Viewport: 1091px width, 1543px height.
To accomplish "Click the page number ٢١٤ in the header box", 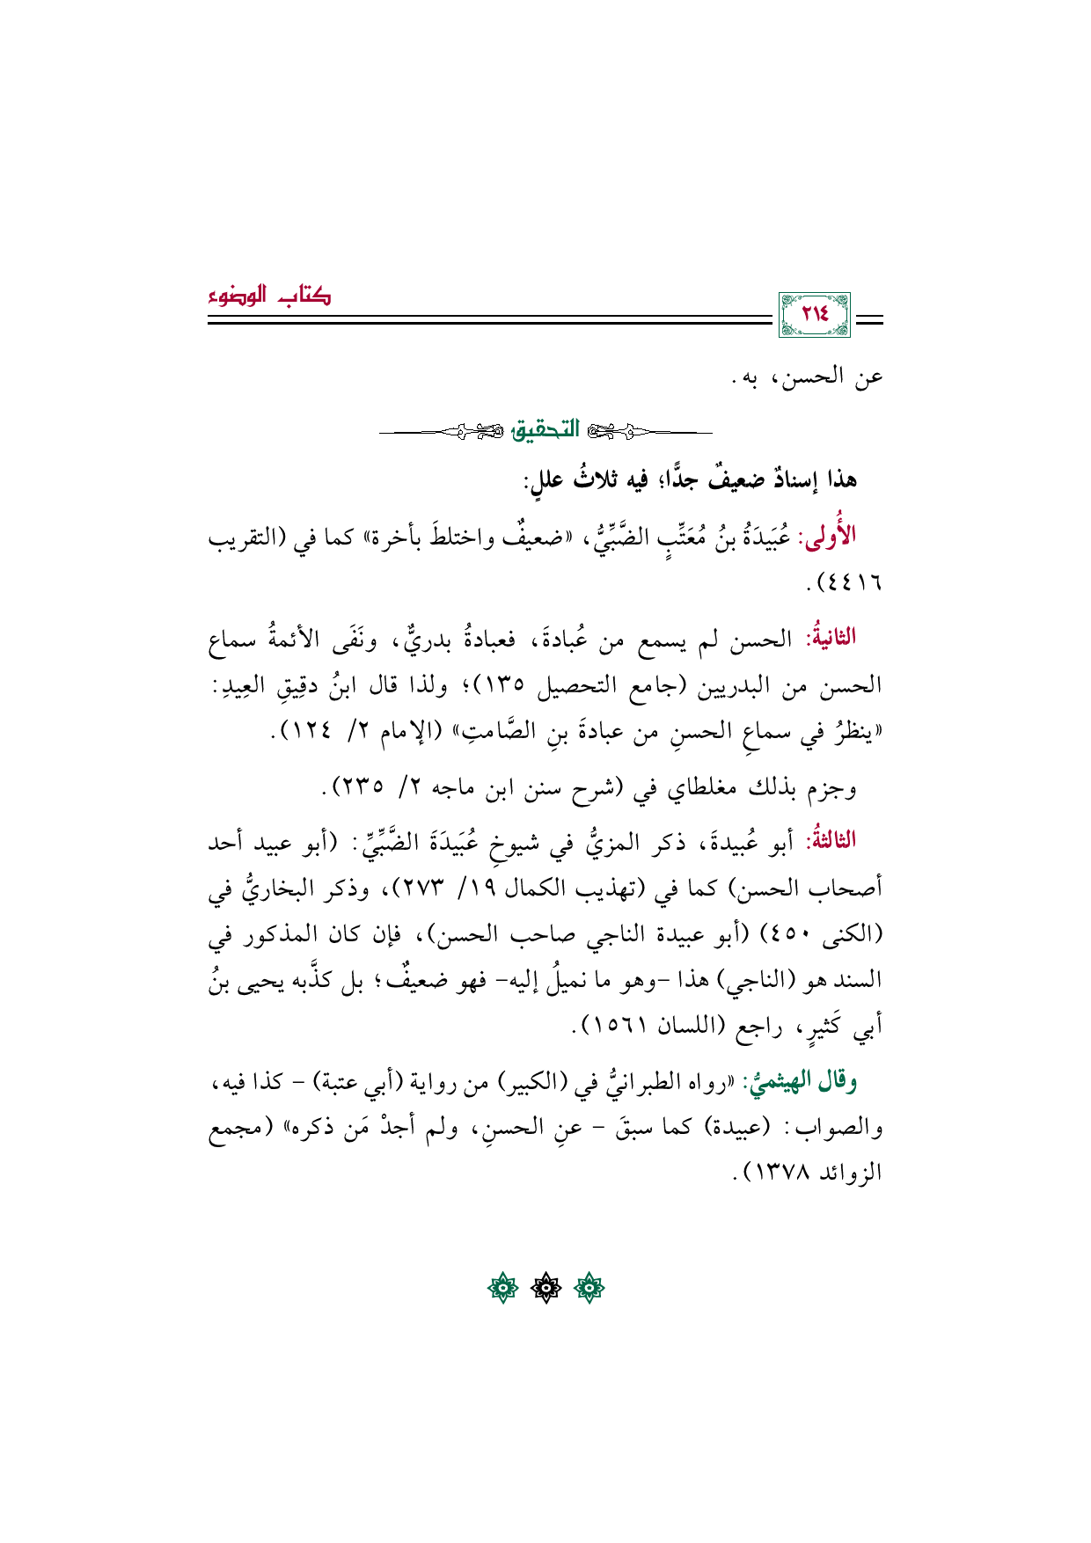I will [x=815, y=314].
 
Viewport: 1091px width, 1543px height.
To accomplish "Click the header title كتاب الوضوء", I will [x=269, y=296].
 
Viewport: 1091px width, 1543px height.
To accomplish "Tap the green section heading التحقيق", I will [x=546, y=431].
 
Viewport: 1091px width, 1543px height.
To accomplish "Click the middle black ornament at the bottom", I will [x=545, y=1290].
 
